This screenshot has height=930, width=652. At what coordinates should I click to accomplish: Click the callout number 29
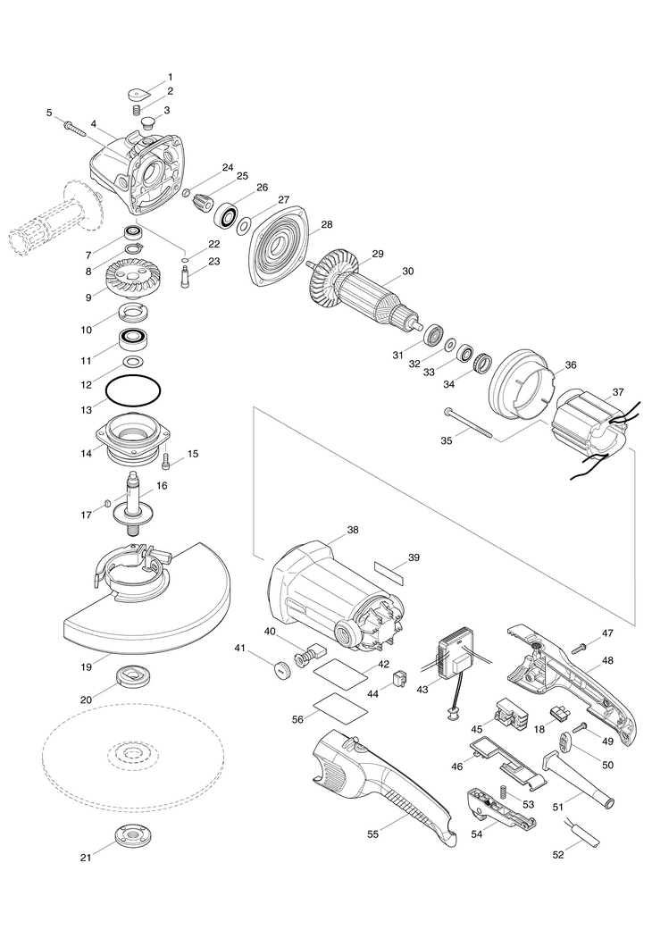click(x=377, y=254)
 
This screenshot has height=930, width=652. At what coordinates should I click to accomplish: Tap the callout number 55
click(x=372, y=833)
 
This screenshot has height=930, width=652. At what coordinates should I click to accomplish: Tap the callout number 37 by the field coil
click(x=618, y=392)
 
